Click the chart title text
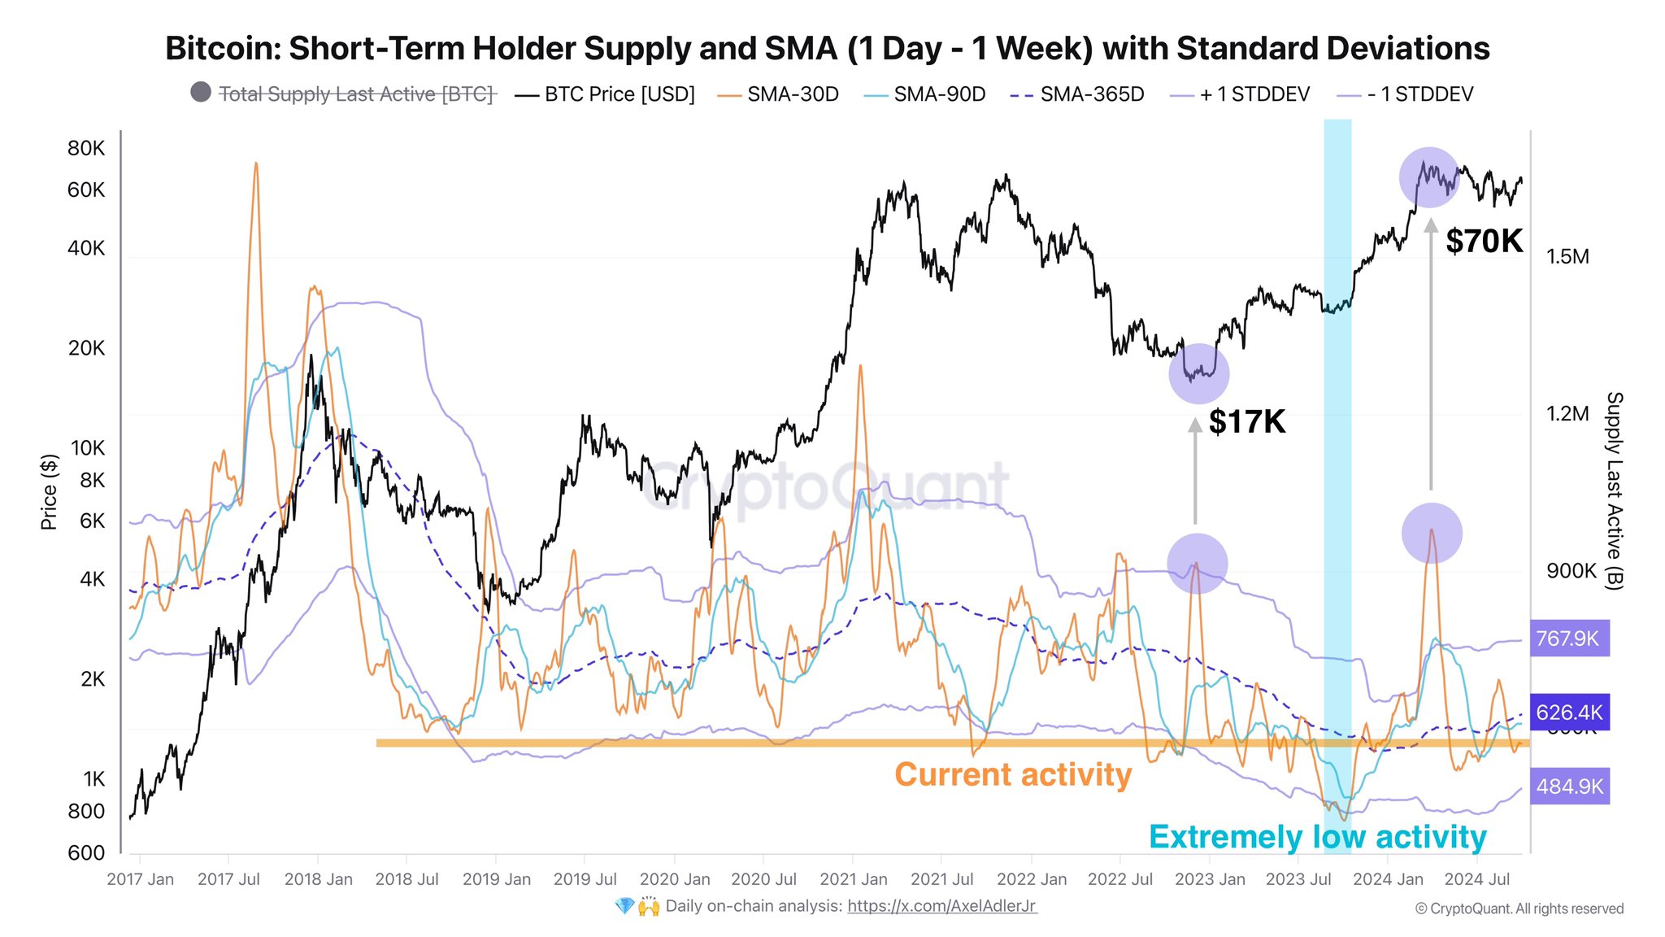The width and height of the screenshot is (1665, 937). click(827, 49)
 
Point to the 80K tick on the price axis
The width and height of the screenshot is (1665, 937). click(86, 148)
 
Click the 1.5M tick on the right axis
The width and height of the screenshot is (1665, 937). click(1567, 257)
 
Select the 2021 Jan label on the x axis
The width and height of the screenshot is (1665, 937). click(853, 879)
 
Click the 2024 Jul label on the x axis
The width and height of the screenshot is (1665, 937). click(1476, 879)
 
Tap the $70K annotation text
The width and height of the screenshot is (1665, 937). click(1484, 242)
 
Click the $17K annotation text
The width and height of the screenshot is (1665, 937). click(1246, 422)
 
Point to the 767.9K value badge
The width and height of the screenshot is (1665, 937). click(1568, 638)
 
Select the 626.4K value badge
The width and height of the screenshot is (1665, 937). click(1569, 713)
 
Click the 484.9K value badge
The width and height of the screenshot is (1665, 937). click(1569, 787)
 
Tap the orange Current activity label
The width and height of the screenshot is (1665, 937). click(1012, 774)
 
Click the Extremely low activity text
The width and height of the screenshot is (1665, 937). click(1317, 837)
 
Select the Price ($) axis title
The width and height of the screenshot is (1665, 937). click(49, 491)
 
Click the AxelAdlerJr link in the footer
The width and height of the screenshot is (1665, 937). click(941, 906)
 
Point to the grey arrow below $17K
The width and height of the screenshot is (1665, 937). click(1194, 472)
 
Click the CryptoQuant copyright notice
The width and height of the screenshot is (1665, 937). click(1519, 909)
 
